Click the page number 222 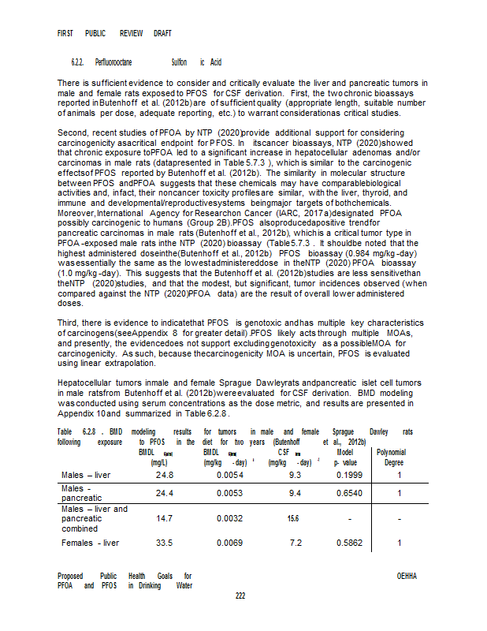tap(242, 596)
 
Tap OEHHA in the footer tap(407, 577)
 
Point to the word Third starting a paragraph tap(69, 323)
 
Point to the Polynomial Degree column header tap(400, 458)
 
